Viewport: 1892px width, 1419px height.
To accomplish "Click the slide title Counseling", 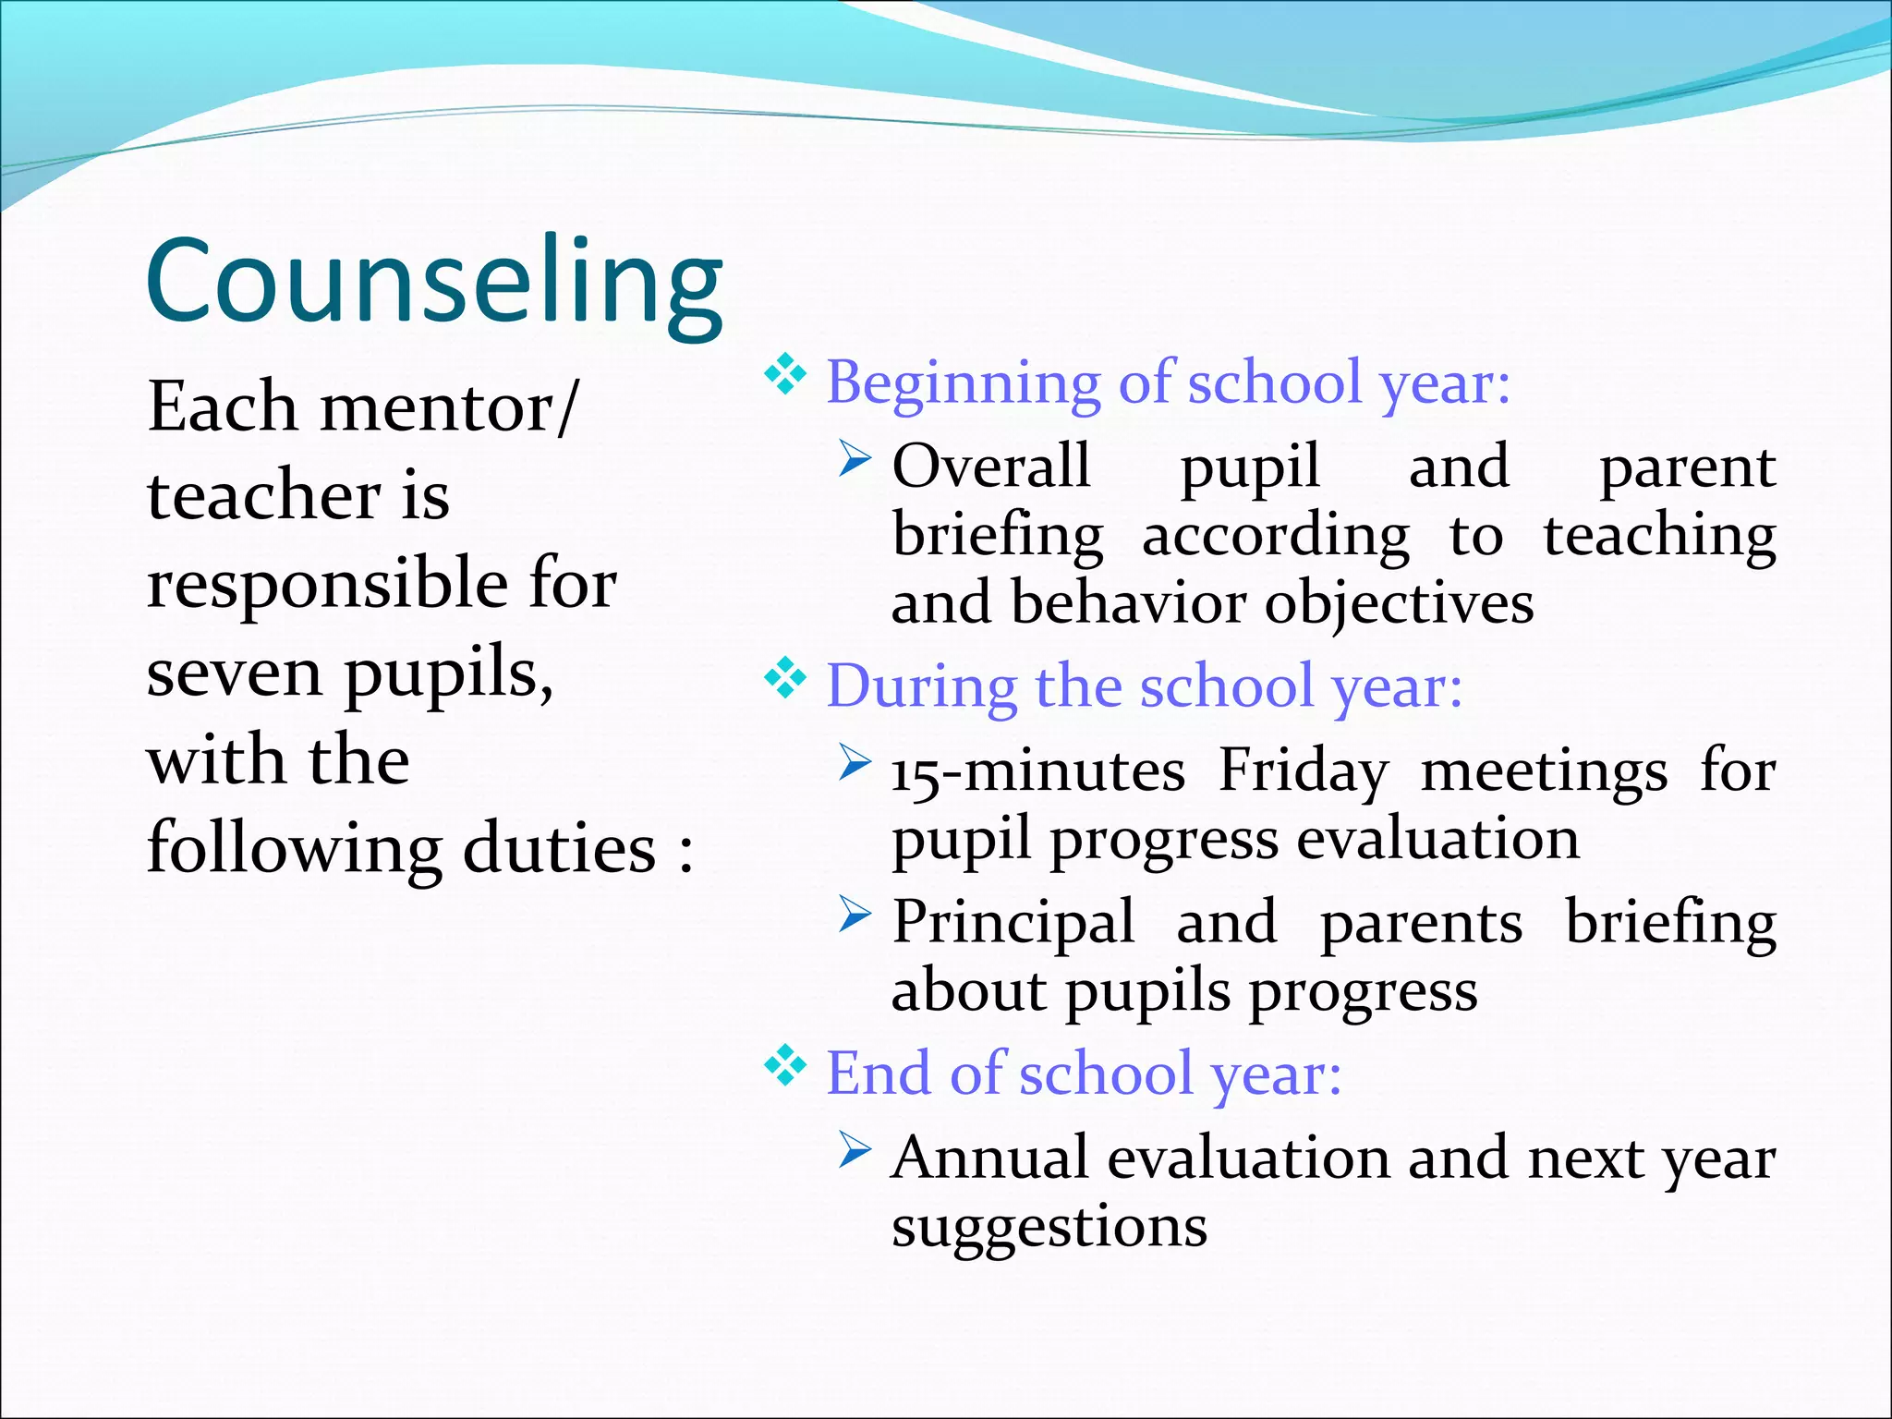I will pyautogui.click(x=434, y=282).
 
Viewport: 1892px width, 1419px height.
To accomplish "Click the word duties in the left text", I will pyautogui.click(x=559, y=849).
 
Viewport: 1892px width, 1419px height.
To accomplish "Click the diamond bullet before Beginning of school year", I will pyautogui.click(x=785, y=374).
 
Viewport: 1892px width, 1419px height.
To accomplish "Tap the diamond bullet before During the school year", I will pyautogui.click(x=785, y=679).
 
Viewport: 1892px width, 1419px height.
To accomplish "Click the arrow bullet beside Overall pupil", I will pyautogui.click(x=855, y=458).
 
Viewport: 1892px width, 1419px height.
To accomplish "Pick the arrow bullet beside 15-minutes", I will pyautogui.click(x=855, y=762).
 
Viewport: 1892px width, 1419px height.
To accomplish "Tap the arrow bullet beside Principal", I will pyautogui.click(x=855, y=914).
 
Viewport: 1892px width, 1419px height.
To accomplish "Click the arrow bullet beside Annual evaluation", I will pyautogui.click(x=855, y=1150).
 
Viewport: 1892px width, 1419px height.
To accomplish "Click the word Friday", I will pyautogui.click(x=1303, y=770).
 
